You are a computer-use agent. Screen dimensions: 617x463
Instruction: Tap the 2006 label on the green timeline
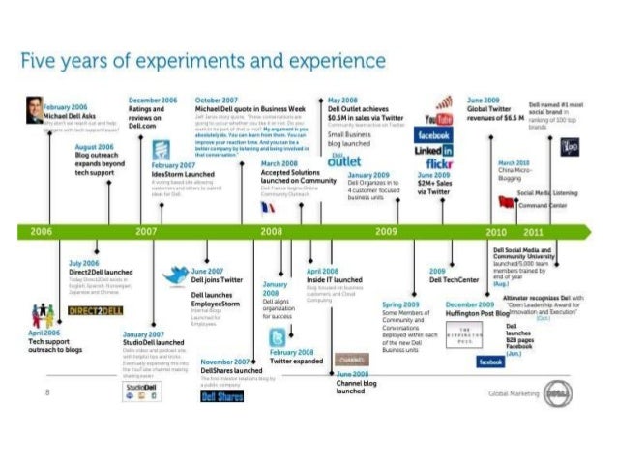(42, 232)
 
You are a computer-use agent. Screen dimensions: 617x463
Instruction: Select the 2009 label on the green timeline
(386, 232)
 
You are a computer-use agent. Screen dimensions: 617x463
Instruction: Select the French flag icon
(268, 206)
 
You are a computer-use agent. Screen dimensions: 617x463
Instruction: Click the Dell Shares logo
(221, 395)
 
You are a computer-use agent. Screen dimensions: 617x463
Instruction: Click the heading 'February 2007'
(174, 166)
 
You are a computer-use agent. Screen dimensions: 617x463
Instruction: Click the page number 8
(46, 391)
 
